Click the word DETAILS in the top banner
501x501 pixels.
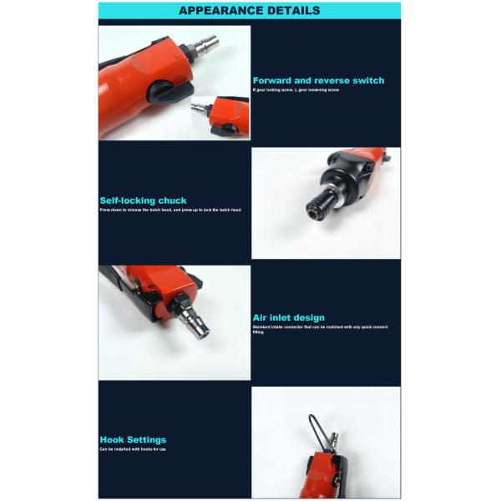click(290, 11)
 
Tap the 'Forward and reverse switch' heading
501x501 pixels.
click(318, 80)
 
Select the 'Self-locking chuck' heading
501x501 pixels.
click(143, 200)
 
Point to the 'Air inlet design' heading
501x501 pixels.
click(288, 317)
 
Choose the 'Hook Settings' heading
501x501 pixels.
click(133, 439)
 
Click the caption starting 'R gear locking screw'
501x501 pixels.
click(296, 89)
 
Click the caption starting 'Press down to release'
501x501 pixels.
click(170, 210)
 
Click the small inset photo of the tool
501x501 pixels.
click(220, 116)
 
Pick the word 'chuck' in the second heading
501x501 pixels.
click(172, 200)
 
